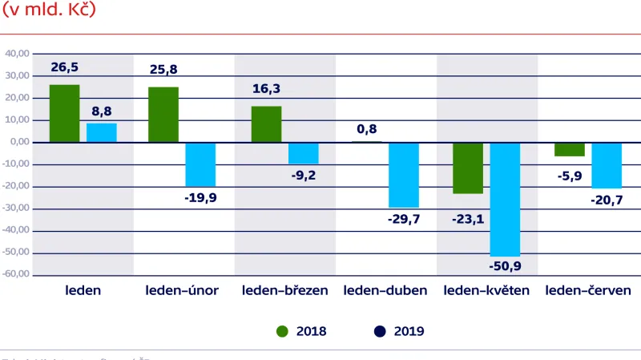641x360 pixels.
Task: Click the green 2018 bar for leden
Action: pos(65,113)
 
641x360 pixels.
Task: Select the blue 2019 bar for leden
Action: pos(102,132)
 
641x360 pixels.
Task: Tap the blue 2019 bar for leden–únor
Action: pos(200,164)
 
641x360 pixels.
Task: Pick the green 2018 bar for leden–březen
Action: pos(267,124)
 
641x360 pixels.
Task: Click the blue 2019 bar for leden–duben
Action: pos(403,175)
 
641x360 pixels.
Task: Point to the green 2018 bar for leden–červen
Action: pos(570,149)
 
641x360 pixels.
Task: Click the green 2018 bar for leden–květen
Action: pos(468,168)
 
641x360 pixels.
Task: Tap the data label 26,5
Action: pos(65,67)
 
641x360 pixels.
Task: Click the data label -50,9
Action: pos(505,265)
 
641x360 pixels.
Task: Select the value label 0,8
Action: pos(368,128)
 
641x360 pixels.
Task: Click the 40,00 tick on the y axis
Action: pos(17,54)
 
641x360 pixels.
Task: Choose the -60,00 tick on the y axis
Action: pos(16,274)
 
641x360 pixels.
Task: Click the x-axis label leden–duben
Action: pos(385,290)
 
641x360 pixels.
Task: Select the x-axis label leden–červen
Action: pos(587,290)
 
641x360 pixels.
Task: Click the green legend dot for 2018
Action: pos(281,331)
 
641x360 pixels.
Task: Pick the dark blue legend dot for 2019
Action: pos(380,331)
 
